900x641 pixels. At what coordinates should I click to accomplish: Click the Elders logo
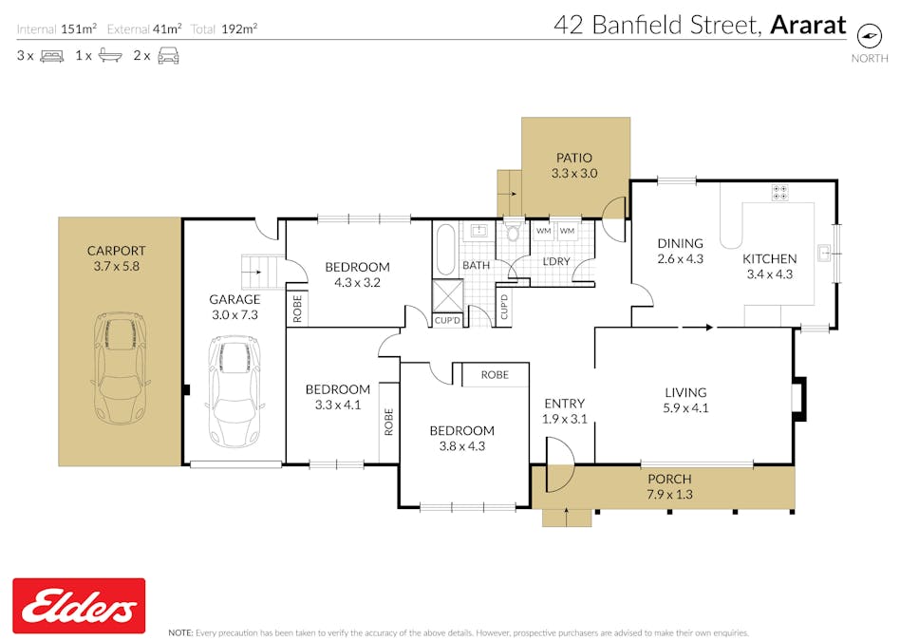[79, 606]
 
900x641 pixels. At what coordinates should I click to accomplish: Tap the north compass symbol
[868, 34]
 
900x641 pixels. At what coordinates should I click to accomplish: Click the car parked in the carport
[120, 368]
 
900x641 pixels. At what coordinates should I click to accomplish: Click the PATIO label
[573, 158]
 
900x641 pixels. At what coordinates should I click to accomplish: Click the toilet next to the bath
[514, 234]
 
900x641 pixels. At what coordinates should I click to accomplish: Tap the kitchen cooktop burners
[780, 193]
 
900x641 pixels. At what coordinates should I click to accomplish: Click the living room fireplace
[799, 399]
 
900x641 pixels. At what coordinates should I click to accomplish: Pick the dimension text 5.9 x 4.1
[685, 409]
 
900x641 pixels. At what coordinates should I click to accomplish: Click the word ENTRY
[564, 404]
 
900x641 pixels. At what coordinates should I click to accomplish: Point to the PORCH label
[669, 479]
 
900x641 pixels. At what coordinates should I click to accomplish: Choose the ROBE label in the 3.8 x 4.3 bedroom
[495, 375]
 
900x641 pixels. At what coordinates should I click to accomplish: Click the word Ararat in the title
[807, 26]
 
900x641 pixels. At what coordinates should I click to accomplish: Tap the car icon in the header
[168, 56]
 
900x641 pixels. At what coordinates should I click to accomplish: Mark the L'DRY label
[555, 261]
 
